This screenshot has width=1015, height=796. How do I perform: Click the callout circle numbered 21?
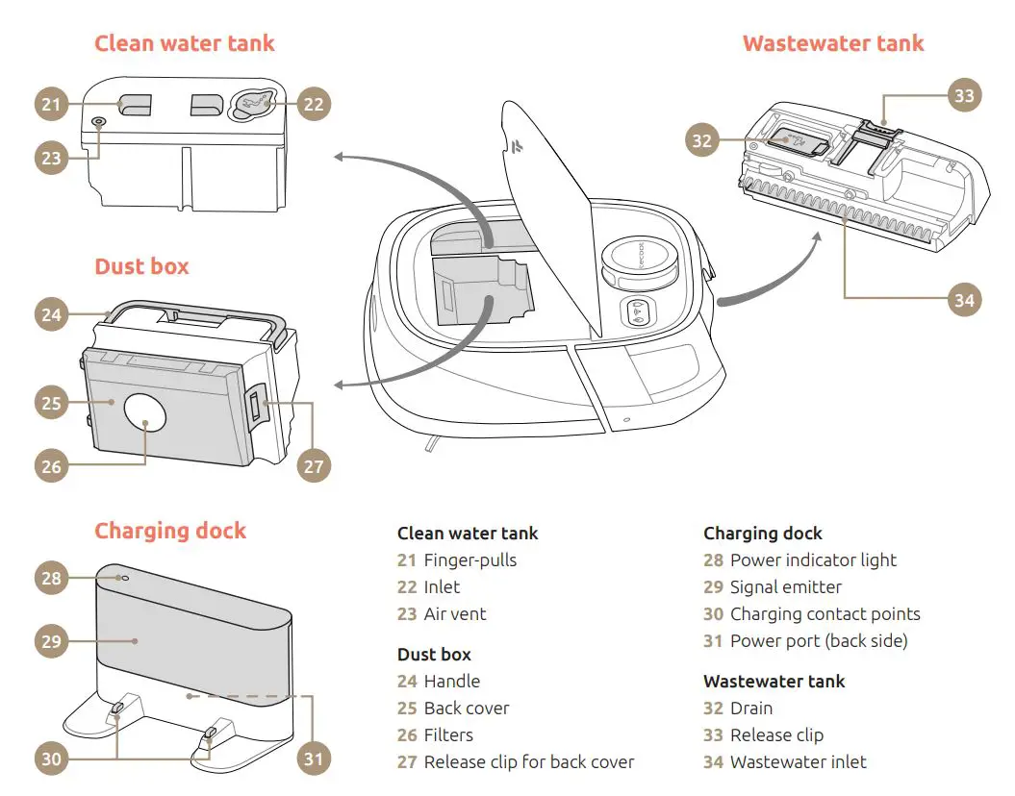tap(52, 104)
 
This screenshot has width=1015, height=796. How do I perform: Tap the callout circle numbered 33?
tap(964, 95)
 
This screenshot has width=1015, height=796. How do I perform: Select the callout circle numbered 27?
tap(314, 466)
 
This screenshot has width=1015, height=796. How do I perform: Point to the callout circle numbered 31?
tap(314, 758)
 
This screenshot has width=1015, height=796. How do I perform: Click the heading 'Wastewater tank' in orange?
tap(832, 43)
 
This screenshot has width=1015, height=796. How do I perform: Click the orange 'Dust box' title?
tap(141, 266)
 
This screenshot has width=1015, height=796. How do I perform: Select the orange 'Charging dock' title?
tap(169, 531)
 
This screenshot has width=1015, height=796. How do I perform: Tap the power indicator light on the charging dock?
tap(123, 579)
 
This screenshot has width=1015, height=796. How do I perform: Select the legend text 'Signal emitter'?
tap(785, 586)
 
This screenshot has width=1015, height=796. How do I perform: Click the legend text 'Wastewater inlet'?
tap(798, 761)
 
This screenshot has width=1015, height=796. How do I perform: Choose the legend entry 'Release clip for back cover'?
tap(528, 761)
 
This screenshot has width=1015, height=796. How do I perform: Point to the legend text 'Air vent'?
tap(455, 613)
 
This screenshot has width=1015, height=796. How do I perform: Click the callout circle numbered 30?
tap(52, 758)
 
